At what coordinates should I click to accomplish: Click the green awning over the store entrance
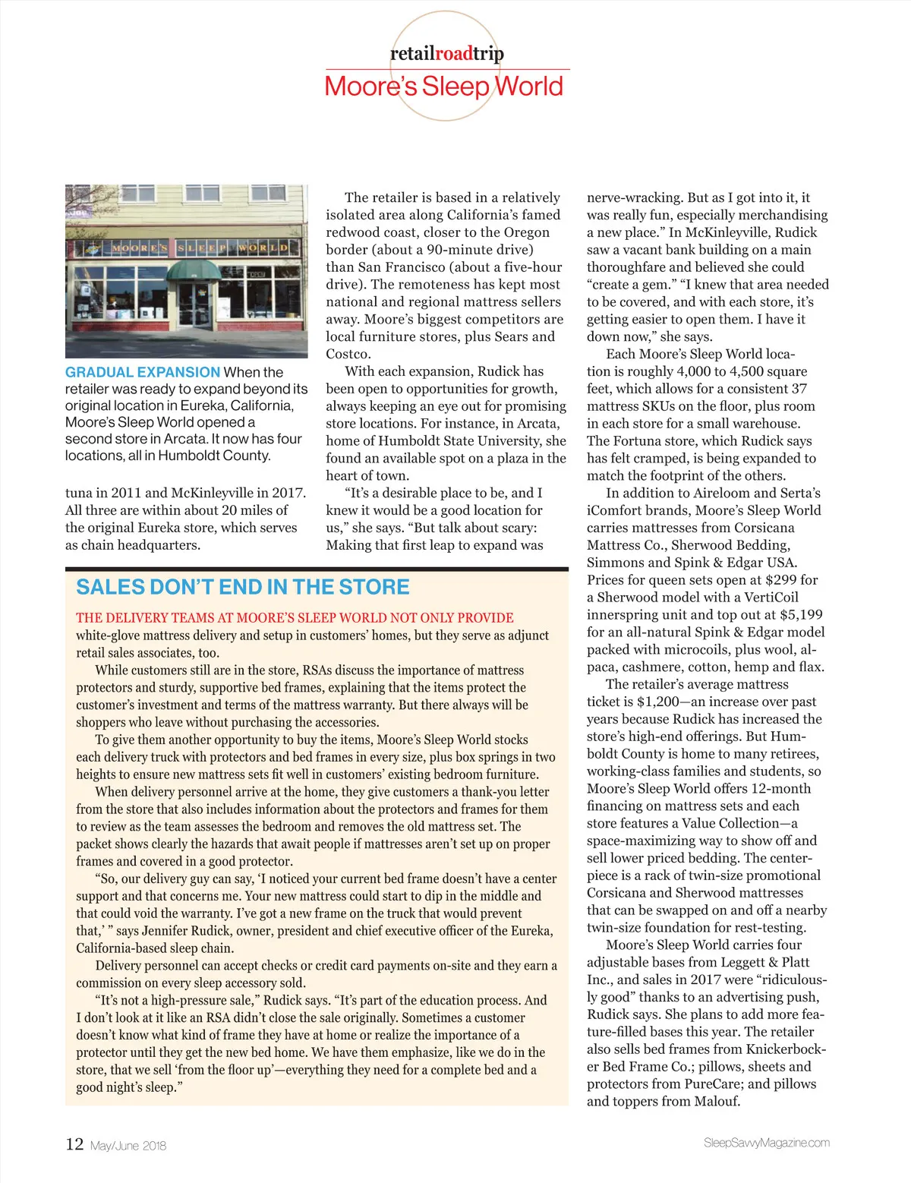click(x=193, y=270)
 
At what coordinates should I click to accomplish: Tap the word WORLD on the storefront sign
click(x=263, y=248)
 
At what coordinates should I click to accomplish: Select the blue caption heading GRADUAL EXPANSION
click(x=143, y=372)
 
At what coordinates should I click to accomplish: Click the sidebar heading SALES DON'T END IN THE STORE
click(x=242, y=587)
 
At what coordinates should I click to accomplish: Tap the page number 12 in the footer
click(x=74, y=1144)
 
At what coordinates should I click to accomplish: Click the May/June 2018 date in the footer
click(x=128, y=1146)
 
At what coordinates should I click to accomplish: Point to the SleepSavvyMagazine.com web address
click(x=766, y=1143)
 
